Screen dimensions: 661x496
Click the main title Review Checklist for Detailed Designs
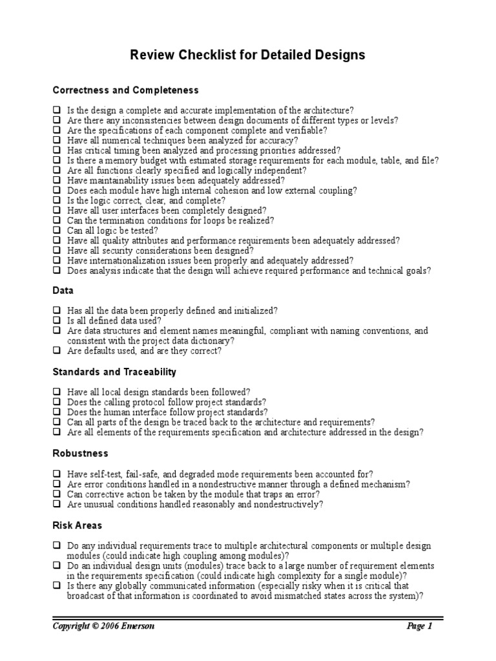[248, 56]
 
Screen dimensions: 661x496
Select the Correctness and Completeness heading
[125, 90]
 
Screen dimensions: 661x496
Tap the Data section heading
[63, 291]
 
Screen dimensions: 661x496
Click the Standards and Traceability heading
[114, 372]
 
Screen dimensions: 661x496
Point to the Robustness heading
[81, 454]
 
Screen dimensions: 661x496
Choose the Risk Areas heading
[77, 525]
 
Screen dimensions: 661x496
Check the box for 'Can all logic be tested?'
[57, 230]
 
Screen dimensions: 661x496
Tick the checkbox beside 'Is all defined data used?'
[57, 321]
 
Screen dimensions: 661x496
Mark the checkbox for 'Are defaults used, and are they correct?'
[57, 351]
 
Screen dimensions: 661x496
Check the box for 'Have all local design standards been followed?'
[57, 392]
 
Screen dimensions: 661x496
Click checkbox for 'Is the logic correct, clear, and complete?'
[57, 201]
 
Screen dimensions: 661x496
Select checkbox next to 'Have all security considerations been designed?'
[57, 250]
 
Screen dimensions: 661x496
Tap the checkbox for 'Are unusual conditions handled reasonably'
[57, 504]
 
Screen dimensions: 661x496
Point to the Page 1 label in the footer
[420, 626]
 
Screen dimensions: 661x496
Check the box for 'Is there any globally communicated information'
[57, 586]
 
